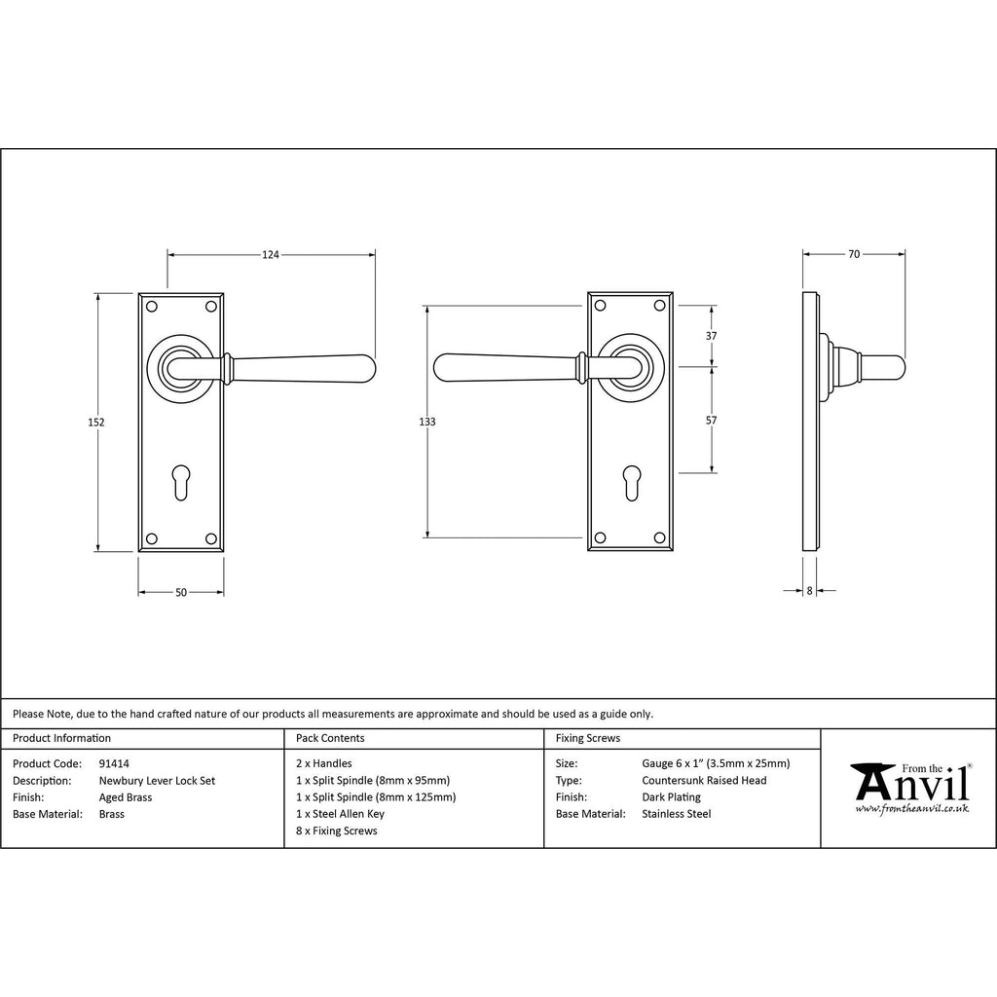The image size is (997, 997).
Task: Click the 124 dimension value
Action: [x=271, y=254]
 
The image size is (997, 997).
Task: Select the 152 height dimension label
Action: [x=96, y=423]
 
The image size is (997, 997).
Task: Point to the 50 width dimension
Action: [x=181, y=593]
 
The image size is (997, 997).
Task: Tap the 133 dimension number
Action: [x=427, y=422]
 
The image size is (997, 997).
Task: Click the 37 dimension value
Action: [x=712, y=336]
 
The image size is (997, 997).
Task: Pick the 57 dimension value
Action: [x=712, y=421]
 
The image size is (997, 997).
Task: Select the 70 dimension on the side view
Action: [x=854, y=254]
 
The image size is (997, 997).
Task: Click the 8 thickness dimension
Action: [x=809, y=591]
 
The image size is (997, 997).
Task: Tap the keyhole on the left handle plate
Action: [x=181, y=482]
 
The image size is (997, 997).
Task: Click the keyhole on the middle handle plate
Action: [x=631, y=482]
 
